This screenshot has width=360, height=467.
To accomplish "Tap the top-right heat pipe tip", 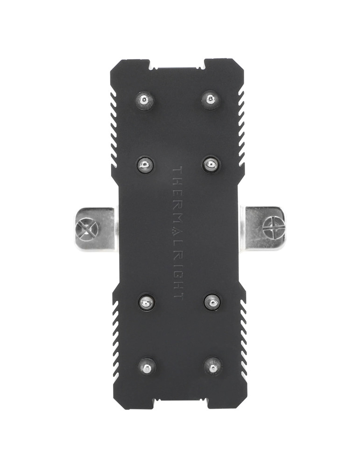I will pos(211,99).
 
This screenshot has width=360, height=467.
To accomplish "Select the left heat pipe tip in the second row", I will pos(145,164).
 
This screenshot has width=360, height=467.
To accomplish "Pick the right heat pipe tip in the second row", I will pos(211,164).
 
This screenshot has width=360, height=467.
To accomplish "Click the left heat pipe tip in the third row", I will pos(146,303).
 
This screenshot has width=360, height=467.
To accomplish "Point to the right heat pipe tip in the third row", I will pos(212,302).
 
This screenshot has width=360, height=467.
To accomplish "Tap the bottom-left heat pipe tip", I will pos(147,366).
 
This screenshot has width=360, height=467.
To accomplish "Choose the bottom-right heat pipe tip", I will pos(213,366).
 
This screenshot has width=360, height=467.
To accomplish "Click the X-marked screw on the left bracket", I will pos(87,229).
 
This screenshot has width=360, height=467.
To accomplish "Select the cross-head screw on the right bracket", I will pos(274,228).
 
